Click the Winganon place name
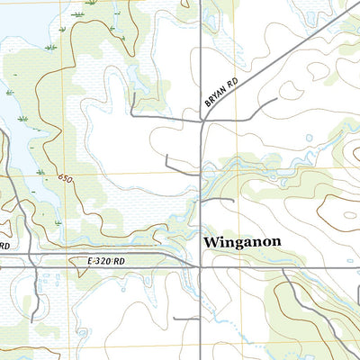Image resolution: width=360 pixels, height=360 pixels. click(x=243, y=242)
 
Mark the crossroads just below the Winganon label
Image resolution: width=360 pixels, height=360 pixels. click(x=200, y=266)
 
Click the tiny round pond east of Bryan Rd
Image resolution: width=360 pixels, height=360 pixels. click(x=309, y=139)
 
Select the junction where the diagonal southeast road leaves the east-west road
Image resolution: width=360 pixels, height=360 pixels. click(x=286, y=267)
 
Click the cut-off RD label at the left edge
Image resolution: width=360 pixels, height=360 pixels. click(x=4, y=245)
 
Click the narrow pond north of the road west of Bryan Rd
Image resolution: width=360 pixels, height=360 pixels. click(x=135, y=77)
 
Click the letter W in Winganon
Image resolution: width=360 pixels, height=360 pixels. click(x=212, y=242)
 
